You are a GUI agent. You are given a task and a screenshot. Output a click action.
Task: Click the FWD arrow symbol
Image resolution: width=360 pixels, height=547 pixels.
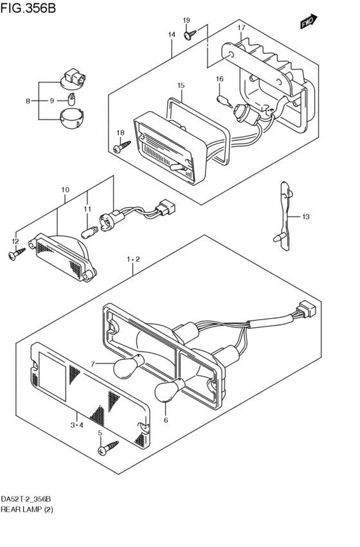[309, 21]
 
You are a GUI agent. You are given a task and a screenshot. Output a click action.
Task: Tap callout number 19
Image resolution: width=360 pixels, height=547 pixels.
[186, 20]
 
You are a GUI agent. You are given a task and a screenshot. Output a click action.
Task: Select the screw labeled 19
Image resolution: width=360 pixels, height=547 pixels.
[190, 35]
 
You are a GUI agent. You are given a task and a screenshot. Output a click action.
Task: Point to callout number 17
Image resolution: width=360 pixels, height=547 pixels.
[242, 28]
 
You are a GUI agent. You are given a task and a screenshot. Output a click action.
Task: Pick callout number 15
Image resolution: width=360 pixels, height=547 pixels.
[181, 85]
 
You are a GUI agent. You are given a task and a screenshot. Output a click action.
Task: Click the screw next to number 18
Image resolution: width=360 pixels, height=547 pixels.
[122, 146]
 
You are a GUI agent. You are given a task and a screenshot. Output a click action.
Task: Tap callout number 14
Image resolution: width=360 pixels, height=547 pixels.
[172, 35]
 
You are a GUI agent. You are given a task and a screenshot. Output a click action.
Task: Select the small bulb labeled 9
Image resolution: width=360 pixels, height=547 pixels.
[71, 100]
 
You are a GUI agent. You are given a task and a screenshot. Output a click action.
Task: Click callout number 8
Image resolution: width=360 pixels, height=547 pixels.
[28, 101]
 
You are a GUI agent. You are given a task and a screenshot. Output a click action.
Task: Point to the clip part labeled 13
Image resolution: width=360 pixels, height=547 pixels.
[285, 216]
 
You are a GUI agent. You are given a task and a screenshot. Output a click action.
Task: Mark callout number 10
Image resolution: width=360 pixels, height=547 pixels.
[65, 190]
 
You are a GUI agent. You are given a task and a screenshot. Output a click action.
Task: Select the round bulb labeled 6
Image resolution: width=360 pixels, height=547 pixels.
[170, 388]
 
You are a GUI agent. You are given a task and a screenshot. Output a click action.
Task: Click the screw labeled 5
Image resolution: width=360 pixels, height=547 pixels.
[109, 447]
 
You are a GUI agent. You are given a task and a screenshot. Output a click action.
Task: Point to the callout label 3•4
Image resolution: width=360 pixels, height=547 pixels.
[76, 425]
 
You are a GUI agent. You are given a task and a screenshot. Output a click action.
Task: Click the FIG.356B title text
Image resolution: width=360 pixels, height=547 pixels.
[28, 8]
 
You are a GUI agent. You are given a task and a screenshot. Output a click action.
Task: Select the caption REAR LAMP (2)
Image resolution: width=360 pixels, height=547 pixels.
[27, 510]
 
